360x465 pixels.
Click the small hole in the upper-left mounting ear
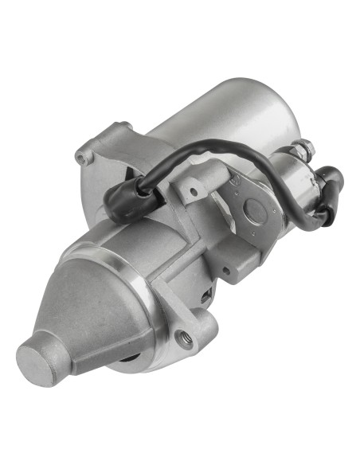[x=80, y=157]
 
